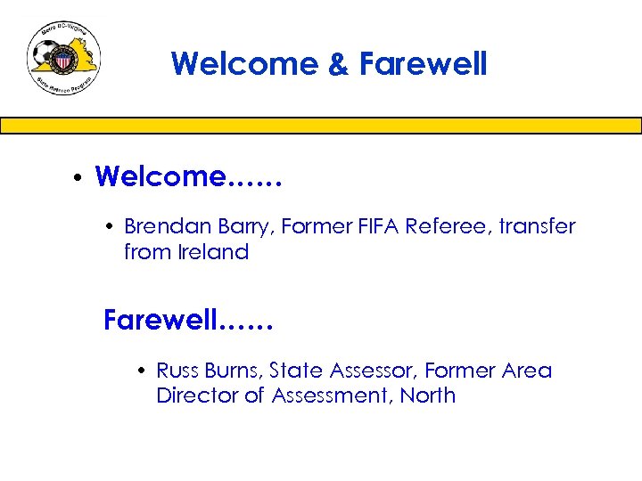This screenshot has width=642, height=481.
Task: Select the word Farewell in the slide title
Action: (x=424, y=64)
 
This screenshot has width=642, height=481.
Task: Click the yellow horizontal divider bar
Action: (x=321, y=126)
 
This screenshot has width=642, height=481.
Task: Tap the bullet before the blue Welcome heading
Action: (x=79, y=177)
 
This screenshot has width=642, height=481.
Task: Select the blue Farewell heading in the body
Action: (x=188, y=320)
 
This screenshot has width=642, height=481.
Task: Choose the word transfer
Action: (x=538, y=227)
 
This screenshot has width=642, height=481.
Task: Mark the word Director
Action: (x=197, y=395)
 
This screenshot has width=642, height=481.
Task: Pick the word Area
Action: (x=526, y=371)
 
